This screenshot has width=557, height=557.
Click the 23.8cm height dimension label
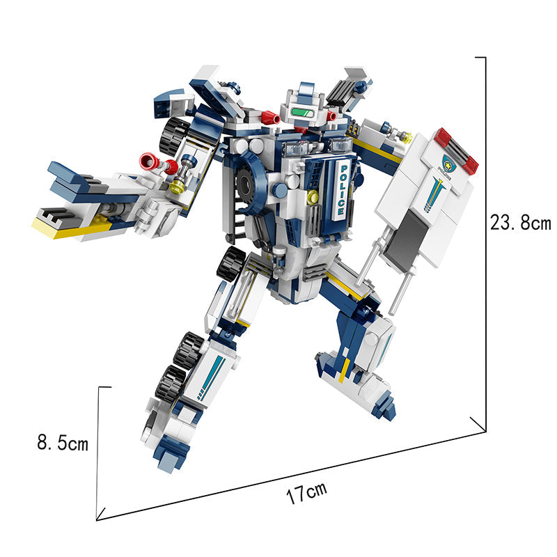coord(520,223)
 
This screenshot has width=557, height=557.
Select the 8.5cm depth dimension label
coord(63,443)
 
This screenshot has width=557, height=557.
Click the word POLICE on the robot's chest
coord(342,190)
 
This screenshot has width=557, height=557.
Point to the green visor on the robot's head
coord(303,113)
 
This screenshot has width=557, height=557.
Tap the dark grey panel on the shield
coord(406,236)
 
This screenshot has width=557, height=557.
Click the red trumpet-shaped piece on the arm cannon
coord(150,162)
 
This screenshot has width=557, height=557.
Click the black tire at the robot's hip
coord(230,263)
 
